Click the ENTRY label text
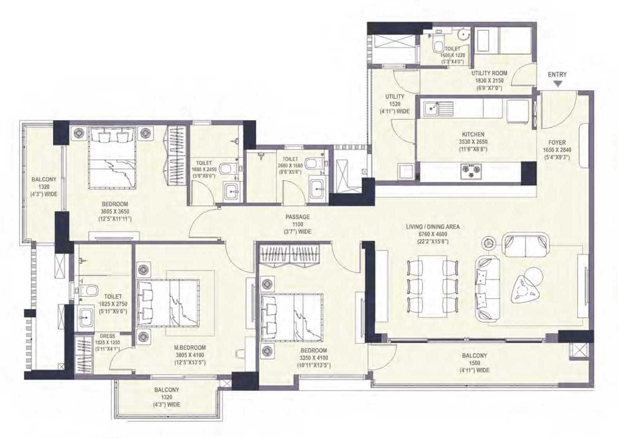click(557, 75)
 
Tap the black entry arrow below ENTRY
click(558, 84)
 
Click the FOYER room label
click(557, 143)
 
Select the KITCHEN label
click(473, 134)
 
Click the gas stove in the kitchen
click(471, 169)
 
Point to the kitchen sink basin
click(431, 108)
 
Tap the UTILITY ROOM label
click(489, 73)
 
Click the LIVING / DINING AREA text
click(433, 227)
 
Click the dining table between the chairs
click(432, 286)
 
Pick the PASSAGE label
click(297, 217)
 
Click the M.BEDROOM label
click(190, 348)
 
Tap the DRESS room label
click(107, 336)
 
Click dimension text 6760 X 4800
click(433, 234)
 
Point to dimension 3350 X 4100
click(314, 358)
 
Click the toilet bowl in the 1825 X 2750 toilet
click(89, 290)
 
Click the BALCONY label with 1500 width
click(474, 355)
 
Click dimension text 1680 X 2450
click(204, 169)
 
